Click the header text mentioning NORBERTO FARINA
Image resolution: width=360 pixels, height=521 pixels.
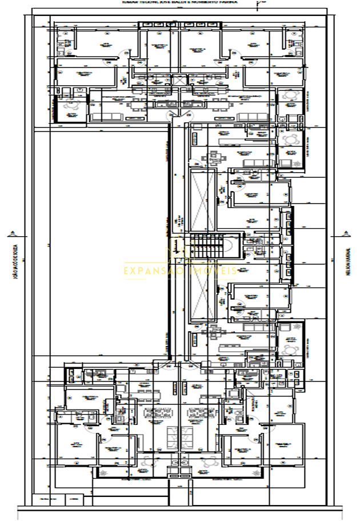click(181, 2)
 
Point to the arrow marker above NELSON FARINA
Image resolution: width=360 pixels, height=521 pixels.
click(346, 232)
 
